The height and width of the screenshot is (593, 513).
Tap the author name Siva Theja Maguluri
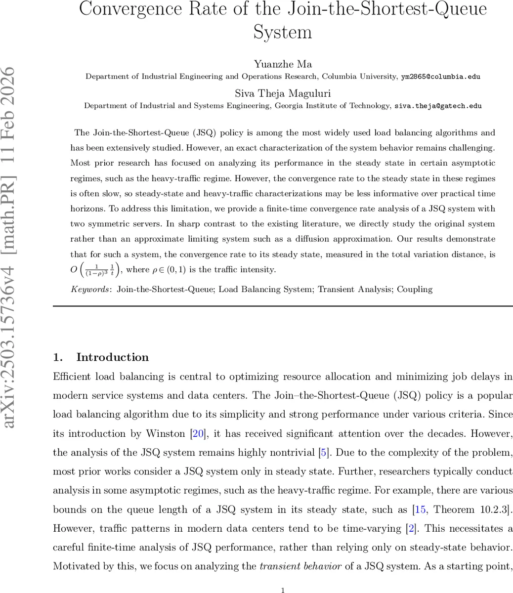point(283,93)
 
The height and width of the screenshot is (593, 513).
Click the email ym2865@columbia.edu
point(440,77)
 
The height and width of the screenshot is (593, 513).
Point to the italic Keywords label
point(91,290)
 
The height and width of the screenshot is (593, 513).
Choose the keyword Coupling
point(415,290)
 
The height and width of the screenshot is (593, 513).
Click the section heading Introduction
point(112,357)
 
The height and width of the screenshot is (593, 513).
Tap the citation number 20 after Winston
point(198,434)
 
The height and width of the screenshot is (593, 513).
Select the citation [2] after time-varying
point(410,529)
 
